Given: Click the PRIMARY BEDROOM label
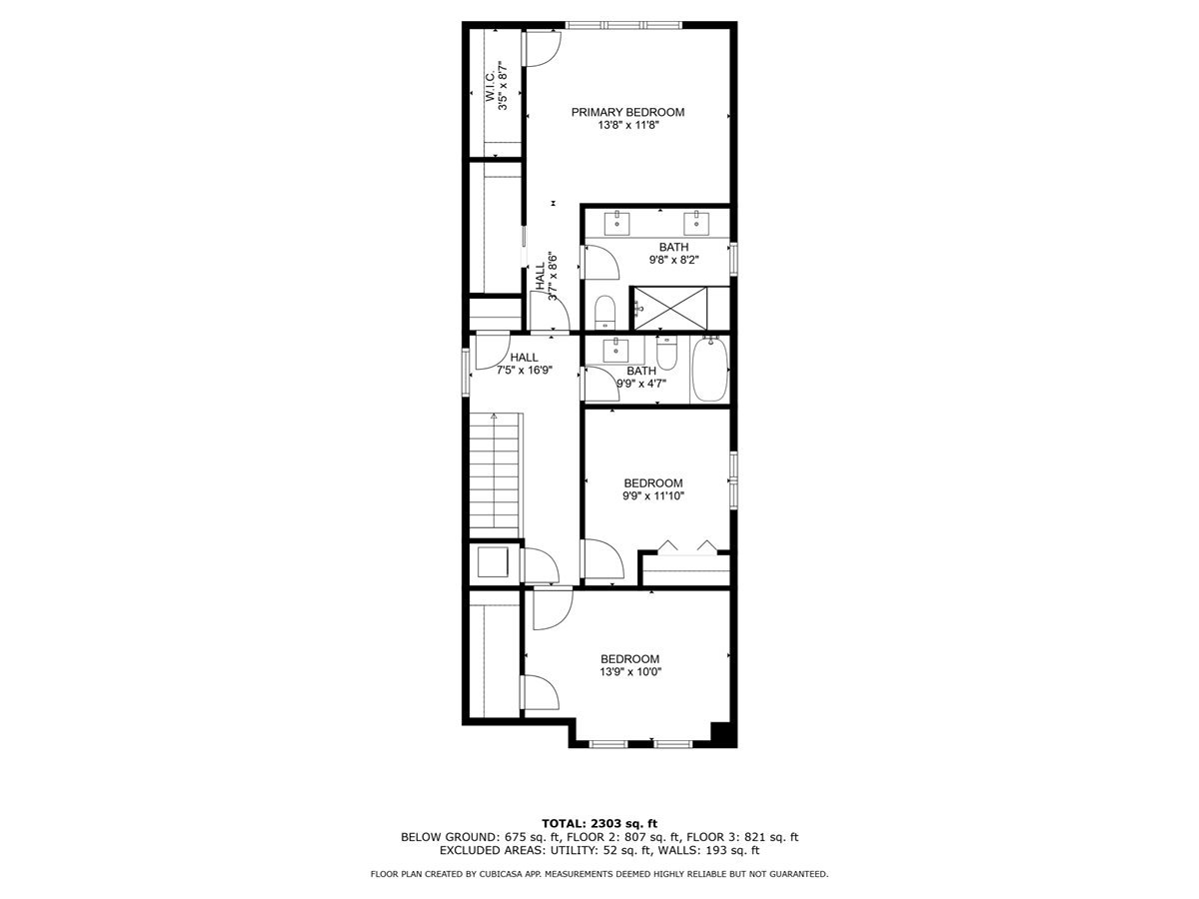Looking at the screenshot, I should pyautogui.click(x=627, y=112).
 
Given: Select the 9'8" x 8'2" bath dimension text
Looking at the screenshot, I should pyautogui.click(x=672, y=260).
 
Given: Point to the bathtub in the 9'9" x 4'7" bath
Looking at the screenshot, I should pyautogui.click(x=709, y=371).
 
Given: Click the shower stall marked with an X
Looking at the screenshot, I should pyautogui.click(x=669, y=306).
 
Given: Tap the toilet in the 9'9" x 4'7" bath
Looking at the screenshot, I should pyautogui.click(x=667, y=352).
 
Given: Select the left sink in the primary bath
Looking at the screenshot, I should pyautogui.click(x=618, y=221).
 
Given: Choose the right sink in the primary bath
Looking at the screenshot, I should pyautogui.click(x=695, y=221).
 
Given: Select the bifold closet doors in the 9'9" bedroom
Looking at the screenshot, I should pyautogui.click(x=684, y=546).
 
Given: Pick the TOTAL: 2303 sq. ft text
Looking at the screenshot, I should pyautogui.click(x=599, y=822).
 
